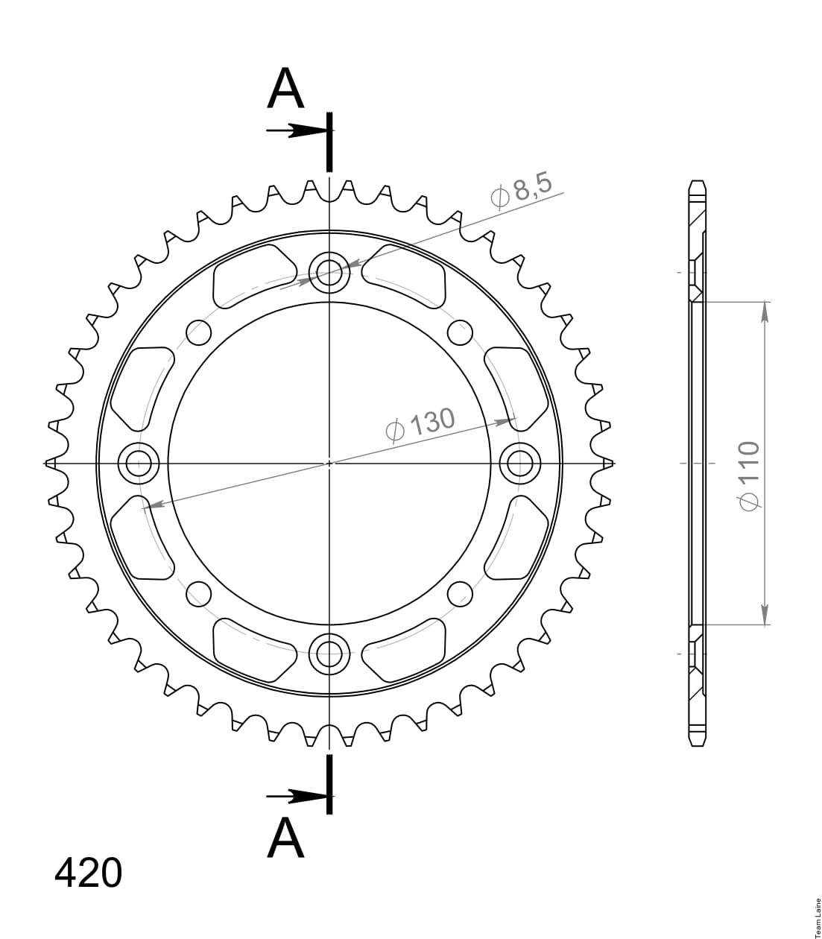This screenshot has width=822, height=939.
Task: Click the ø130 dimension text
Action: coord(420,425)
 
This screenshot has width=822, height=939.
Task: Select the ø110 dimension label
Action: coord(748,475)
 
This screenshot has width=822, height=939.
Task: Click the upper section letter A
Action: coord(285,88)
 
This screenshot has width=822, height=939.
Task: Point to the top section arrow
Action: coord(297,130)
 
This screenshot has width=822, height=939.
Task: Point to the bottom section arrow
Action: coord(297,796)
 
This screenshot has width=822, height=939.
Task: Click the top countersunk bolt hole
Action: coord(329,273)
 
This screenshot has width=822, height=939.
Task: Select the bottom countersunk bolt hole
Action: coord(329,654)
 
